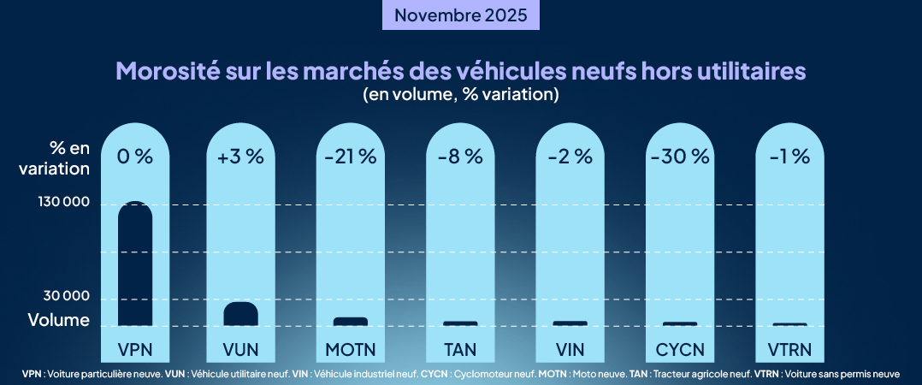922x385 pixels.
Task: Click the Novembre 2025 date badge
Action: pyautogui.click(x=461, y=15)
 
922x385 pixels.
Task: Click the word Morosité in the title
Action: pyautogui.click(x=168, y=70)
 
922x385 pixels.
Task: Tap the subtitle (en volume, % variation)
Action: pyautogui.click(x=461, y=94)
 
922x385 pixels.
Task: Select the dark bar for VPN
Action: pyautogui.click(x=134, y=265)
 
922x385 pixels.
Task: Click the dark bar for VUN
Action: pyautogui.click(x=240, y=314)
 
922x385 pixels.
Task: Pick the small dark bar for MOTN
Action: pyautogui.click(x=351, y=322)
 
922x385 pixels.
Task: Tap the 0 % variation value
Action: pyautogui.click(x=134, y=157)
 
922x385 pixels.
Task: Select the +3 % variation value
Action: pyautogui.click(x=240, y=157)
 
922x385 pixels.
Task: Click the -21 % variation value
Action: pyautogui.click(x=351, y=157)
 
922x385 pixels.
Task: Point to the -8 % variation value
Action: pyautogui.click(x=460, y=157)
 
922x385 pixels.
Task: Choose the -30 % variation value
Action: pyautogui.click(x=680, y=157)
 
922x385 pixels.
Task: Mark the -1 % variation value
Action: pyautogui.click(x=789, y=157)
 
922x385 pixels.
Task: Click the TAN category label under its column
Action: pyautogui.click(x=460, y=349)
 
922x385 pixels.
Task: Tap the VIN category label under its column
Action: pyautogui.click(x=570, y=349)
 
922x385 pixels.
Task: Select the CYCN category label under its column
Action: pyautogui.click(x=680, y=349)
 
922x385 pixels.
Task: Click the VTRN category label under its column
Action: pyautogui.click(x=789, y=349)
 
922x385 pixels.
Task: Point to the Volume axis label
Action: pyautogui.click(x=59, y=321)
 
